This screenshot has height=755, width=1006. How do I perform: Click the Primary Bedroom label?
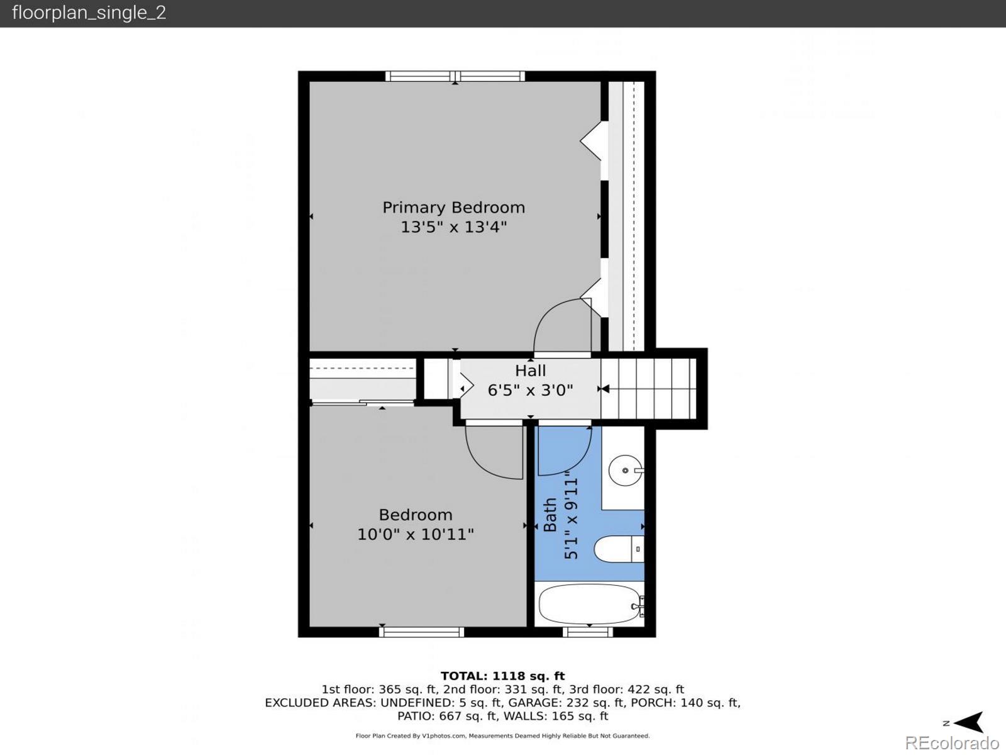[454, 208]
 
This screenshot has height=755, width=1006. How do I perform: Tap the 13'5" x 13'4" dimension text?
[454, 227]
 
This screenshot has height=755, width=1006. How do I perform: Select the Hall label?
[530, 371]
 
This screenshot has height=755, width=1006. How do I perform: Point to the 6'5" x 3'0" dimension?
[530, 390]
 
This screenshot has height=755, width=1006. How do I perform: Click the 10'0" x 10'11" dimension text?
[415, 534]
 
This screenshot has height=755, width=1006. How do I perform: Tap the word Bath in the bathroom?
[550, 514]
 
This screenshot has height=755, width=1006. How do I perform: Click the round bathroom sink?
[626, 471]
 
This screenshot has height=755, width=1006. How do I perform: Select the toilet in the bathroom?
[619, 549]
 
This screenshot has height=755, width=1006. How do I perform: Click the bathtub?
[591, 604]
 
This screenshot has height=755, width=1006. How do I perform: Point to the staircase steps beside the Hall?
[648, 389]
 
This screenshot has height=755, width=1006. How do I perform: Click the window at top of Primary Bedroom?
[455, 76]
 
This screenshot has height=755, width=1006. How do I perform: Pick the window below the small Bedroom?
[422, 632]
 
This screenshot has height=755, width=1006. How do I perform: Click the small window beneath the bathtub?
[587, 632]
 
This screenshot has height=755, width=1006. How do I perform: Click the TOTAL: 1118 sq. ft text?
[503, 676]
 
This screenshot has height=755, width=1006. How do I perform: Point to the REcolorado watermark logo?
[953, 742]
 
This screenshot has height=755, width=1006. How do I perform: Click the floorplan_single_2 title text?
[89, 13]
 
